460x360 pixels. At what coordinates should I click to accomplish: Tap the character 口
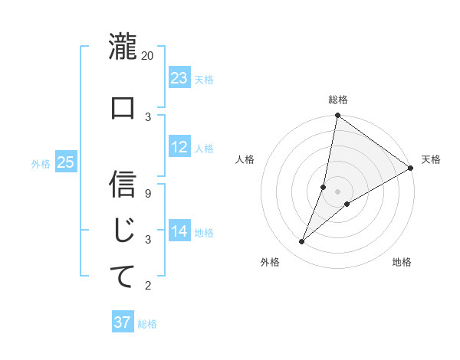(123, 108)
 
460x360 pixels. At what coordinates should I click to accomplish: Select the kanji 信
(123, 184)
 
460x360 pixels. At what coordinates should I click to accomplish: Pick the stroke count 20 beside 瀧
(148, 56)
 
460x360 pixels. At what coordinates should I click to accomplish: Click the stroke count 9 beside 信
(148, 193)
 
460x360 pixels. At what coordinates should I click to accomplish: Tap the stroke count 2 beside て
(148, 286)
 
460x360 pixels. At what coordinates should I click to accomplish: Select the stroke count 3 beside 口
(148, 116)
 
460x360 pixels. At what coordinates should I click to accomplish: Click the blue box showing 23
(179, 77)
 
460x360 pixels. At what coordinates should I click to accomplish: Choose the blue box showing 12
(179, 147)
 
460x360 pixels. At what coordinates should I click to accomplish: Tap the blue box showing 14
(179, 231)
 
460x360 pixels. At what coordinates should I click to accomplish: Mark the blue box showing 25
(65, 162)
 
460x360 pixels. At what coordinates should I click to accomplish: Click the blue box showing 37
(123, 322)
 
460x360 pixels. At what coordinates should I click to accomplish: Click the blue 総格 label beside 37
(147, 324)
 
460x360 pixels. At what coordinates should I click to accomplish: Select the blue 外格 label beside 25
(41, 163)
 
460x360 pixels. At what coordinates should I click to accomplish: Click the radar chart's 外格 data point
(302, 242)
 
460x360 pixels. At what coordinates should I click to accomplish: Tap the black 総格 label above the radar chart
(337, 100)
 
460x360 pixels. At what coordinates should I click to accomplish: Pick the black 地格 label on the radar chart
(402, 262)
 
